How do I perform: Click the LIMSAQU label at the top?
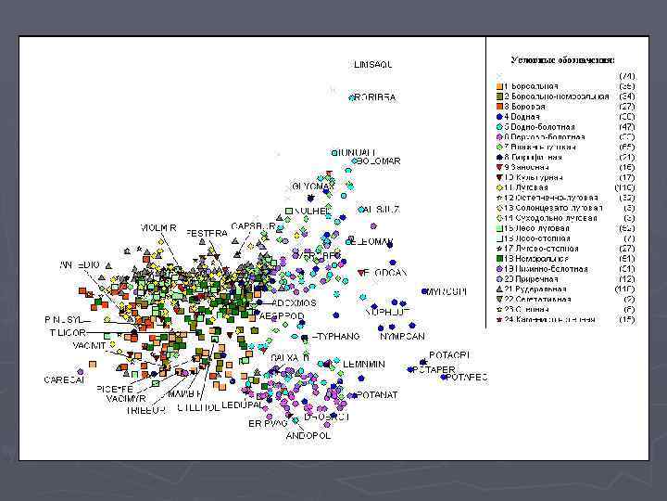coord(373,64)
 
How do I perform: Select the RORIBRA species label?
coord(377,96)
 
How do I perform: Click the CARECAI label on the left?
coord(65,379)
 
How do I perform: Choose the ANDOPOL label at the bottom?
coord(308,434)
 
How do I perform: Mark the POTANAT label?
coord(376,394)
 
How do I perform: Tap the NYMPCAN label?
coord(402,336)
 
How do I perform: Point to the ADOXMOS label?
coord(295,302)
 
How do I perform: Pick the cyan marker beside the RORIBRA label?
coord(352,97)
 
